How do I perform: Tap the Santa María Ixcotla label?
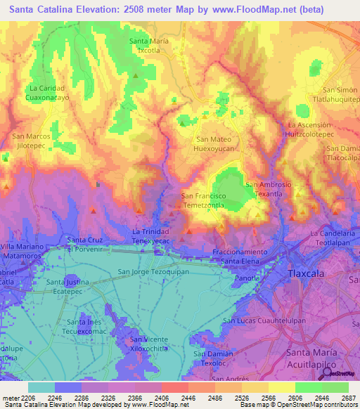click(x=148, y=46)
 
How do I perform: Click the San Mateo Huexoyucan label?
click(x=214, y=144)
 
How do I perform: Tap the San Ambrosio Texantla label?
click(x=268, y=188)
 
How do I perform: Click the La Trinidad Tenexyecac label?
click(x=151, y=235)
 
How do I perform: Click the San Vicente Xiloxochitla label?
click(x=148, y=344)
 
